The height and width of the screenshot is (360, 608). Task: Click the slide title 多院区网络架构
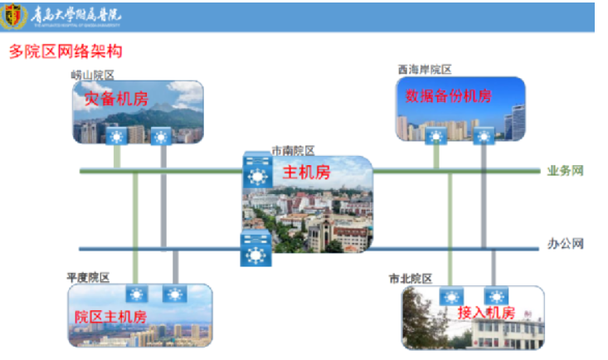66,52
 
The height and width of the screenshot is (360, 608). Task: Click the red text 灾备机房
115,99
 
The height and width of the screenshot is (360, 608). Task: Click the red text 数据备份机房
448,95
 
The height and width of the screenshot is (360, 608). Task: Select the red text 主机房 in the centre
306,173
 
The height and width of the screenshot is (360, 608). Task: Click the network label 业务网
565,172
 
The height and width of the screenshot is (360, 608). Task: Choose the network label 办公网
565,245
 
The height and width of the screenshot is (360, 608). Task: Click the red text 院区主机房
110,317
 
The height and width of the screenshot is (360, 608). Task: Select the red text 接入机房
486,313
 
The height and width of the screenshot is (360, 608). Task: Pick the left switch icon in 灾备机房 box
115,135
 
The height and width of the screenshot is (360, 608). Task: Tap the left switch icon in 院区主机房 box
135,294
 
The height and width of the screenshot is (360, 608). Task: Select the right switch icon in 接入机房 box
495,296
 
